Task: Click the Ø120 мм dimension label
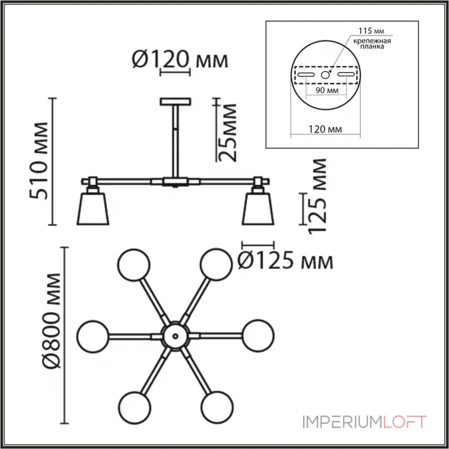pos(179,59)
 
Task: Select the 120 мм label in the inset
pos(326,130)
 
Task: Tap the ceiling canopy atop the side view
pos(176,102)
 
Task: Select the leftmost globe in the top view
pos(92,335)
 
